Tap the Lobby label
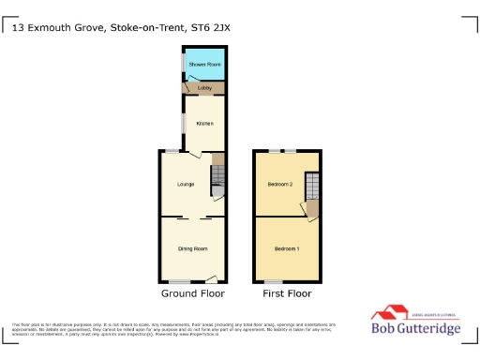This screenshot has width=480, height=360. tap(203, 88)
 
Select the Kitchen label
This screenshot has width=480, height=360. tap(203, 124)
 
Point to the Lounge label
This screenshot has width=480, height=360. tap(186, 185)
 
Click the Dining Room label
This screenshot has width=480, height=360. tap(192, 248)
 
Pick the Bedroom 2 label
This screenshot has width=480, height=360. tap(280, 185)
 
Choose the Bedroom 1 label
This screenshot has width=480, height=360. tap(286, 248)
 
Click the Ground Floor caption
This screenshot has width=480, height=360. tap(191, 294)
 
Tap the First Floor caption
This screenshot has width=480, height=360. tap(286, 294)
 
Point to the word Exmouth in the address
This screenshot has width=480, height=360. tap(53, 28)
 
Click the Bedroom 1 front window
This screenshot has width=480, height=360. tap(273, 281)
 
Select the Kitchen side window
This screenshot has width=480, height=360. tap(183, 124)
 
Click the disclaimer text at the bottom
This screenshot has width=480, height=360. tap(178, 327)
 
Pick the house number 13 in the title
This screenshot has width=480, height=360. tap(20, 28)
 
